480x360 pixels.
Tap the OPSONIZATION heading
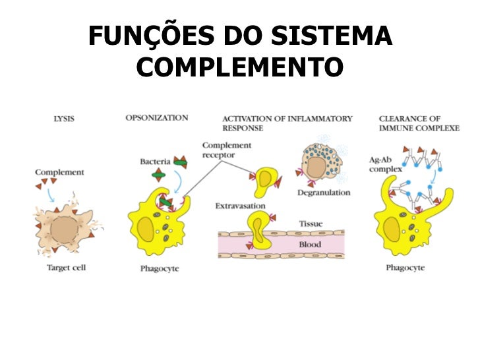[x=157, y=118]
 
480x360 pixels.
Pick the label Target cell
[x=66, y=268]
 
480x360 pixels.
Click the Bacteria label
[x=155, y=162]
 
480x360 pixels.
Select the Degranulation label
[x=324, y=193]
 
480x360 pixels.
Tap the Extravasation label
[x=240, y=206]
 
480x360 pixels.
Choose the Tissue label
[x=311, y=224]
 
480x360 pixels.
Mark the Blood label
[x=310, y=245]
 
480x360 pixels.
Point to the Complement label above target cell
[x=59, y=172]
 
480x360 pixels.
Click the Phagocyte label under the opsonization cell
[x=160, y=268]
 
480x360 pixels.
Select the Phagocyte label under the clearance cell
[x=405, y=268]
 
